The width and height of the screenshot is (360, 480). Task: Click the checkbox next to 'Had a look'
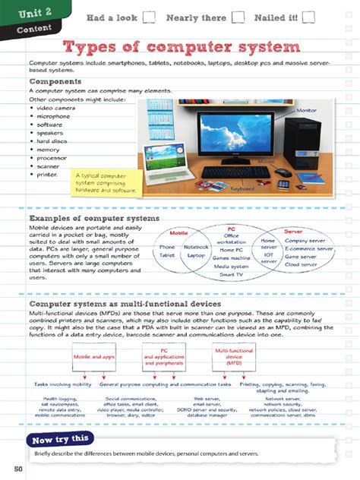coord(149,17)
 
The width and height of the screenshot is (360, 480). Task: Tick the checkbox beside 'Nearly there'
coord(238,17)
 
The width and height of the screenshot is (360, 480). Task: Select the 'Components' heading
coord(55,81)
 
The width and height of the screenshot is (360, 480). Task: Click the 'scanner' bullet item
coord(47,166)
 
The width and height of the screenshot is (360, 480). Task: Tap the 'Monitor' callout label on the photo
coord(306,111)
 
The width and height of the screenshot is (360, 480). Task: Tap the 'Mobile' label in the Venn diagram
coord(179,232)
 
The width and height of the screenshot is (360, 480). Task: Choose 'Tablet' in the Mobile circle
coord(167,256)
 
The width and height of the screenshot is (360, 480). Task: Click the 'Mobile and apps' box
coord(93,355)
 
